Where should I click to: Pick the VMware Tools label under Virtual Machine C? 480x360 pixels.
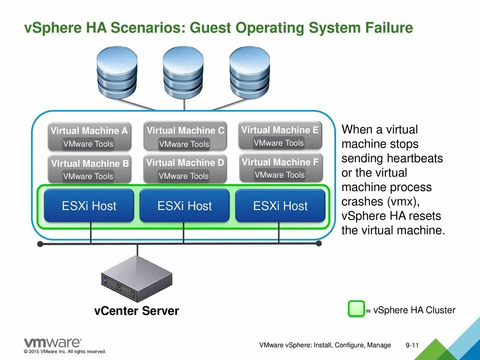pos(184,144)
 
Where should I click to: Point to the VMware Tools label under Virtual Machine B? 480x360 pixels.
pos(88,177)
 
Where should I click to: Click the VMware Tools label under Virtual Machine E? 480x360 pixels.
pos(279,143)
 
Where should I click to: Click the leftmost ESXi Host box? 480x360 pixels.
pos(89,206)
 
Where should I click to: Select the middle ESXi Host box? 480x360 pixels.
pos(185,206)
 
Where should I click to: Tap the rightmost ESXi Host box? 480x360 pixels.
pos(280,206)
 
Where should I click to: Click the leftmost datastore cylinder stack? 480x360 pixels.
pos(117,72)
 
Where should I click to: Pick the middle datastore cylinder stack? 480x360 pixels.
pos(183,72)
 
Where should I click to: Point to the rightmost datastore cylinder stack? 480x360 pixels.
pos(250,72)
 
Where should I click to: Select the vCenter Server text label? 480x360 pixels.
pos(136,311)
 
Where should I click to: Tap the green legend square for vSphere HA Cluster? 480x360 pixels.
pos(356,309)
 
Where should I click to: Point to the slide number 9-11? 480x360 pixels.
pos(412,345)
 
